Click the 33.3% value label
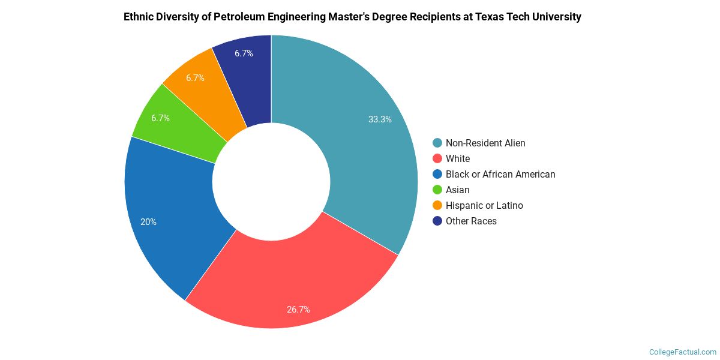tap(380, 119)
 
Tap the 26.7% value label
tap(298, 310)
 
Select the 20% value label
tap(148, 222)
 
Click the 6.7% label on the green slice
tap(160, 118)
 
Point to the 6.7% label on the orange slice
tap(195, 78)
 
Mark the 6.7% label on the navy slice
tap(244, 53)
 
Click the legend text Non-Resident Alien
tap(485, 143)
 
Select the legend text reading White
tap(458, 158)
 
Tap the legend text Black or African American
tap(500, 174)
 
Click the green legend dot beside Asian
tap(437, 190)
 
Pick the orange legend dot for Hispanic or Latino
tap(437, 205)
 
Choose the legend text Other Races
tap(471, 221)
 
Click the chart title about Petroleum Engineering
tap(352, 17)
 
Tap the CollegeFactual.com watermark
tap(682, 352)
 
